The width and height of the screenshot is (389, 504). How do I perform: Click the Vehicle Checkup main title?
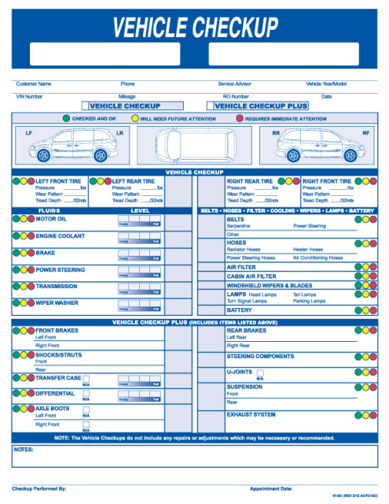tap(195, 28)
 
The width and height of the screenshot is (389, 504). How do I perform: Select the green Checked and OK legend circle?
tap(66, 118)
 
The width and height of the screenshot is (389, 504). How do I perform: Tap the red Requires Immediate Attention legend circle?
tap(240, 118)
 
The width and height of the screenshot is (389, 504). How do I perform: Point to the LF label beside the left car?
tap(29, 133)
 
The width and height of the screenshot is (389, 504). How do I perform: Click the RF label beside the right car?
tap(365, 133)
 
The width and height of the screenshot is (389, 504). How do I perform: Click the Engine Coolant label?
tap(61, 236)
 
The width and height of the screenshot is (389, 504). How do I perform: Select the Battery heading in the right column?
tap(240, 310)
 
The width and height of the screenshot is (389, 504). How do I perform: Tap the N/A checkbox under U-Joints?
tap(260, 372)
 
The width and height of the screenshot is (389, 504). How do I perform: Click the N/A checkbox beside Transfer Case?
tap(86, 379)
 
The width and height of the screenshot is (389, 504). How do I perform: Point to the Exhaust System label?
tap(251, 414)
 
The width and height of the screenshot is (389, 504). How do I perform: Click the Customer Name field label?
tap(34, 83)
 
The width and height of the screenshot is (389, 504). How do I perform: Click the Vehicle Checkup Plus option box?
tap(261, 106)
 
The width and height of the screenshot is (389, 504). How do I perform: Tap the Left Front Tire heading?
tap(59, 181)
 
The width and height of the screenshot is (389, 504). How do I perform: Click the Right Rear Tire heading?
tap(250, 181)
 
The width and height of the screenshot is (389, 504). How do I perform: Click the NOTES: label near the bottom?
tap(23, 450)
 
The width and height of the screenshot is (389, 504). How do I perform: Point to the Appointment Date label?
tap(271, 489)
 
